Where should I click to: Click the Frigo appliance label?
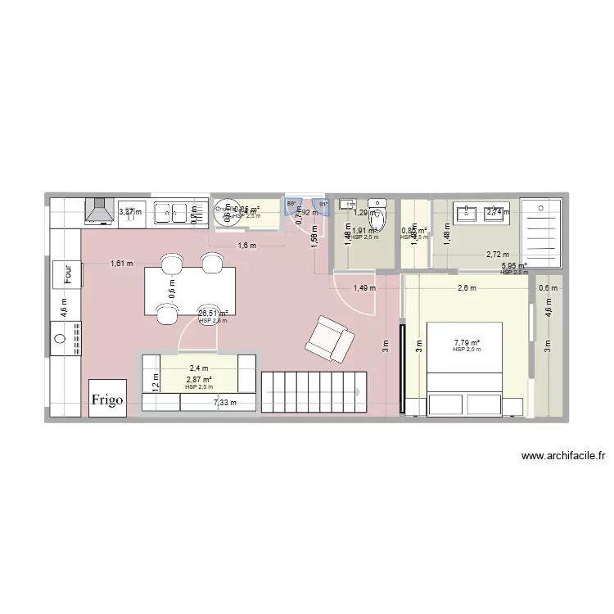tap(108, 400)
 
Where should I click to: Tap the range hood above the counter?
tap(99, 211)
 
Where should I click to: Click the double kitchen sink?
tap(171, 213)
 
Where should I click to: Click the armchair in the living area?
tap(331, 338)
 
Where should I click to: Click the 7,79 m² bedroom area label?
tap(467, 343)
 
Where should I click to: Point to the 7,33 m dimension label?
tap(224, 402)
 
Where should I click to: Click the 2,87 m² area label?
tap(199, 380)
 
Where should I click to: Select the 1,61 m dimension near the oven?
tap(122, 263)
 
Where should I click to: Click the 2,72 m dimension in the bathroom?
tap(497, 255)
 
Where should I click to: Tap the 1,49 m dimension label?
tap(364, 287)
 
